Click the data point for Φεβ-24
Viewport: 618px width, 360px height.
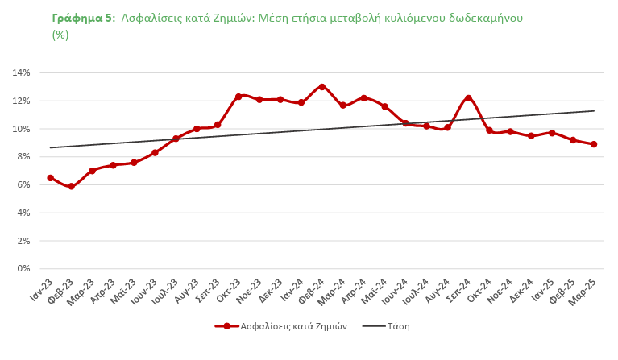pyautogui.click(x=321, y=86)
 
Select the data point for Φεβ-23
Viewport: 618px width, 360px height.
pyautogui.click(x=71, y=186)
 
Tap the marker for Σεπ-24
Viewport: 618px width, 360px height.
pyautogui.click(x=468, y=98)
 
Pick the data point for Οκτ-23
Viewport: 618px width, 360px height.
pyautogui.click(x=238, y=97)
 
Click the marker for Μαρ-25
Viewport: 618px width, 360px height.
pyautogui.click(x=594, y=144)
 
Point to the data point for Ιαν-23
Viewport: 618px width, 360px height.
pyautogui.click(x=50, y=178)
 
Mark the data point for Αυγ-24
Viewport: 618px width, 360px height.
pyautogui.click(x=447, y=127)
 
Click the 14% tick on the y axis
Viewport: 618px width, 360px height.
pyautogui.click(x=21, y=72)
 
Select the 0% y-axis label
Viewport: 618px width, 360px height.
pyautogui.click(x=23, y=268)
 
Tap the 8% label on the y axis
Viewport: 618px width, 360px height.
pyautogui.click(x=23, y=156)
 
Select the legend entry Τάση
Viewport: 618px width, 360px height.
pyautogui.click(x=398, y=326)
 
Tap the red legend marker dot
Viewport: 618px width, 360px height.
pyautogui.click(x=226, y=326)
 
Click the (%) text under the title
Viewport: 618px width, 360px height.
pyautogui.click(x=60, y=35)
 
